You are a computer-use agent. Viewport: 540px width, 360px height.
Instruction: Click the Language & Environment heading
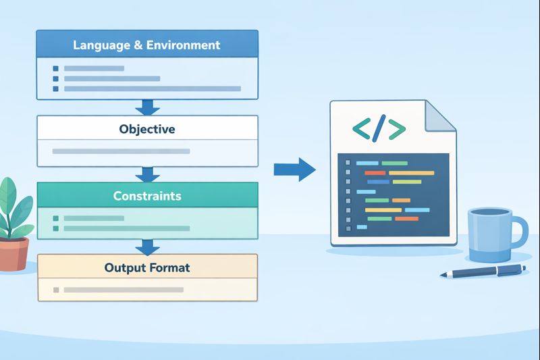tap(146, 45)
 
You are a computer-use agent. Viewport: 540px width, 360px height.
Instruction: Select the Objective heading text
tap(146, 128)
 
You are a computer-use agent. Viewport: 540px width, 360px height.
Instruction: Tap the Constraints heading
tap(146, 196)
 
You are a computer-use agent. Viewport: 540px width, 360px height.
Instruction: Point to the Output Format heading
tap(146, 267)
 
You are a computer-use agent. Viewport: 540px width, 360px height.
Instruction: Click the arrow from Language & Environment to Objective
tap(146, 107)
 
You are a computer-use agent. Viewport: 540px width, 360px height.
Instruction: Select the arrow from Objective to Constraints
tap(146, 174)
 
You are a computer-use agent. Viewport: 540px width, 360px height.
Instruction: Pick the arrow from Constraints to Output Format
tap(146, 245)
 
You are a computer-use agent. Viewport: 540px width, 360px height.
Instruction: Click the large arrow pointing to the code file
tap(295, 169)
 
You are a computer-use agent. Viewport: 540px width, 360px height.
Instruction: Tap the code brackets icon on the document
tap(379, 128)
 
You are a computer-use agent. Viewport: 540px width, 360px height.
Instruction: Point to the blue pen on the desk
tap(483, 271)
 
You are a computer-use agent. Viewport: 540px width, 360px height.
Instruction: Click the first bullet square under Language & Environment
tap(55, 68)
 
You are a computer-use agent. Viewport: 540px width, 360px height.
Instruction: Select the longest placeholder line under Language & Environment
tap(153, 88)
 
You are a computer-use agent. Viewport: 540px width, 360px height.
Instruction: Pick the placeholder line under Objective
tap(121, 151)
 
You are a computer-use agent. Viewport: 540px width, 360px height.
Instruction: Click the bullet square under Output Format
tap(55, 290)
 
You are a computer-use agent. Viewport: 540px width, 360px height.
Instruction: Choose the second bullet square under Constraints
tap(55, 229)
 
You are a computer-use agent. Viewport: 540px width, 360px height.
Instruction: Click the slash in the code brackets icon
tap(379, 128)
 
